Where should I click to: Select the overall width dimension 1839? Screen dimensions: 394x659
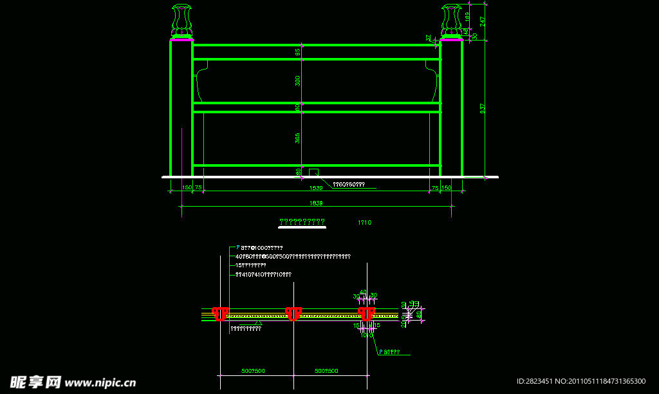pyautogui.click(x=316, y=203)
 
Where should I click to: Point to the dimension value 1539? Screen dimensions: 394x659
pyautogui.click(x=316, y=188)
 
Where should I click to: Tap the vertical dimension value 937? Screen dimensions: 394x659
pyautogui.click(x=483, y=109)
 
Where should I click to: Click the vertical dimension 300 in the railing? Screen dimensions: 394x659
pyautogui.click(x=297, y=81)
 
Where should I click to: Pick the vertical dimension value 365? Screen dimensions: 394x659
pyautogui.click(x=297, y=138)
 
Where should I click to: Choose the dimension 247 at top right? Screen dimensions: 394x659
pyautogui.click(x=483, y=21)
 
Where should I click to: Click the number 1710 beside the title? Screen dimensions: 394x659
pyautogui.click(x=364, y=223)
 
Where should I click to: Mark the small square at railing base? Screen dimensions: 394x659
pyautogui.click(x=313, y=172)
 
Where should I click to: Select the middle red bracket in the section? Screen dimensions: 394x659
pyautogui.click(x=293, y=314)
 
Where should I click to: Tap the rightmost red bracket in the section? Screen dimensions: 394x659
pyautogui.click(x=366, y=314)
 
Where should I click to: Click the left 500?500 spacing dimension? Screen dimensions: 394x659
pyautogui.click(x=254, y=371)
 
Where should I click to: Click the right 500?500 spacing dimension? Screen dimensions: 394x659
pyautogui.click(x=328, y=371)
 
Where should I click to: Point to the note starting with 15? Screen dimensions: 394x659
pyautogui.click(x=250, y=265)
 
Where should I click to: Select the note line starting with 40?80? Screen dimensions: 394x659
pyautogui.click(x=293, y=256)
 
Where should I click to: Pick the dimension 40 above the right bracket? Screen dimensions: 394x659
pyautogui.click(x=363, y=292)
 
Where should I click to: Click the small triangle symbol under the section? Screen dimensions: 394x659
pyautogui.click(x=258, y=323)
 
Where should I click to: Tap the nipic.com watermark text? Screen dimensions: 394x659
pyautogui.click(x=100, y=382)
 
